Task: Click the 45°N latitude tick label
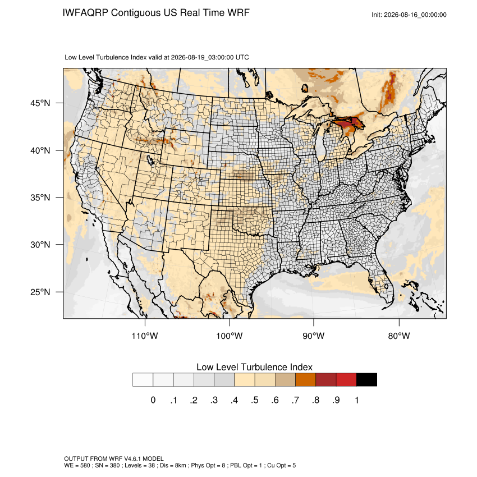click(x=40, y=103)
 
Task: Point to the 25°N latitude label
click(x=40, y=292)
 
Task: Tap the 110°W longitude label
click(x=145, y=336)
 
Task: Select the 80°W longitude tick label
click(x=399, y=336)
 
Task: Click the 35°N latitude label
click(x=40, y=198)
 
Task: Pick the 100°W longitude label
click(x=230, y=336)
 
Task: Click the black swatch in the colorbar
click(x=366, y=380)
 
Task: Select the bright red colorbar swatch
click(x=346, y=380)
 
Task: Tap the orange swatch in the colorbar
click(x=305, y=380)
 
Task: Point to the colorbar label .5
click(x=255, y=400)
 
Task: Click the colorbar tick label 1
click(x=356, y=400)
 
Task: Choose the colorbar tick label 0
click(x=153, y=400)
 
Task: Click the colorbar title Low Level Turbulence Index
click(x=254, y=367)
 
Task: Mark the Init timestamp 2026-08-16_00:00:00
click(x=415, y=15)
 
